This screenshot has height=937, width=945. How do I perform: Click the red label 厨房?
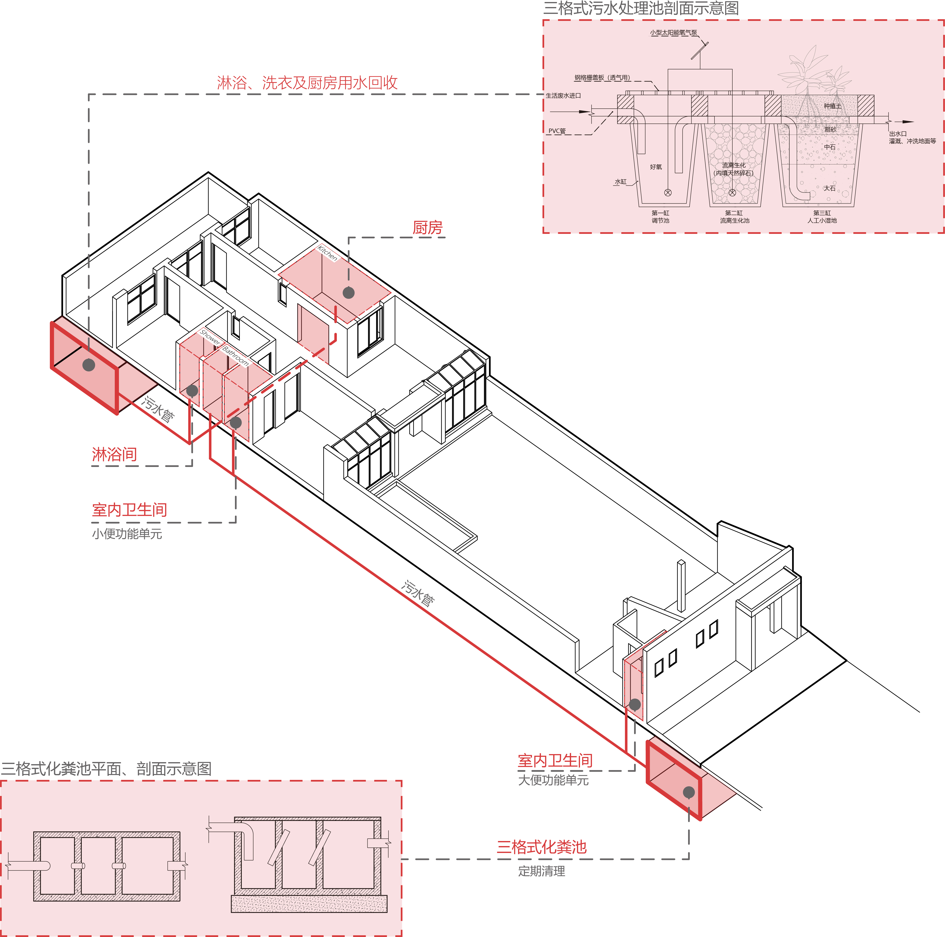click(427, 228)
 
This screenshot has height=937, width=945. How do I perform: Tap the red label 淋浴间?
click(114, 454)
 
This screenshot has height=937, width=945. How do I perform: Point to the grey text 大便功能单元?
click(553, 780)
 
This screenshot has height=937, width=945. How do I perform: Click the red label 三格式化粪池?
click(541, 847)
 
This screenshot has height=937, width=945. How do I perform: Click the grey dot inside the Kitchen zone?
click(349, 293)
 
